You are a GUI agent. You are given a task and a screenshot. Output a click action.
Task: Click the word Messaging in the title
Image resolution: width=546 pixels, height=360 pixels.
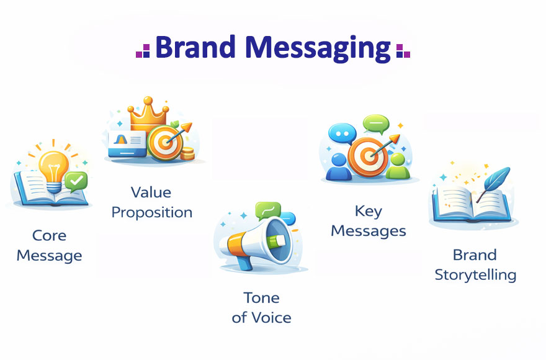tap(318, 49)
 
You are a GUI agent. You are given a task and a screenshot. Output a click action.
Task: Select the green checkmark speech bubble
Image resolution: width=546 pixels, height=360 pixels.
tap(76, 181)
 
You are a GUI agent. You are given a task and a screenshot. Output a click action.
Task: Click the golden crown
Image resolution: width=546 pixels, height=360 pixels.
tap(148, 114)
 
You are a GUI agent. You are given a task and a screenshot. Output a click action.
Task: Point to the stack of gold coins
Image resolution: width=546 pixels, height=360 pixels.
tap(187, 153)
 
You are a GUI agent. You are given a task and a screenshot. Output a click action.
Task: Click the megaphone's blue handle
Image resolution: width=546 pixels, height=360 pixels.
tap(245, 262)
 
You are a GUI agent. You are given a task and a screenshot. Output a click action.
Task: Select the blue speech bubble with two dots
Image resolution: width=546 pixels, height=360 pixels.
tap(342, 133)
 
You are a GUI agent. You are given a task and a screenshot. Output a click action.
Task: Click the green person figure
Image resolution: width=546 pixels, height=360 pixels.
tap(398, 166)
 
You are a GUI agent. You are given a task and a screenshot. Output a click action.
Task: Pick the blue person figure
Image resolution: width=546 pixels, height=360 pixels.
tap(338, 167)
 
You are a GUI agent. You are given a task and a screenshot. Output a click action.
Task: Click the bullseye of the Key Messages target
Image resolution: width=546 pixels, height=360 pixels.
tap(369, 156)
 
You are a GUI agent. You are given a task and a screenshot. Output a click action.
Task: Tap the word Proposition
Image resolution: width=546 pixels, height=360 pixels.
tap(152, 212)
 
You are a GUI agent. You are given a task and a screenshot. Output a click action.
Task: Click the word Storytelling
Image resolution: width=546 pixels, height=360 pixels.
tap(475, 275)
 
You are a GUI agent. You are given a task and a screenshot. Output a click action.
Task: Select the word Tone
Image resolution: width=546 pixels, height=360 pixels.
tap(261, 298)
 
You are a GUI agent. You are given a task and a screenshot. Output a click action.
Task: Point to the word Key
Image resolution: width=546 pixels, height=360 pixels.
tap(369, 211)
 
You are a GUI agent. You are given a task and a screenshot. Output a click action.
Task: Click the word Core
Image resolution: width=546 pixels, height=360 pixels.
tap(50, 236)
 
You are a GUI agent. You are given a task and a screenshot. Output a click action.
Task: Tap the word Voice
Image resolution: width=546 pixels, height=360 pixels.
tap(271, 318)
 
